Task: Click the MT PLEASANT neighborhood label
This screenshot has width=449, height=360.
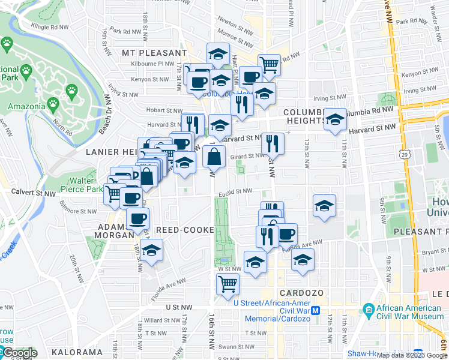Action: pos(154,53)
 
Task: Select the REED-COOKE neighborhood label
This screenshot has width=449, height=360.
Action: pos(185,230)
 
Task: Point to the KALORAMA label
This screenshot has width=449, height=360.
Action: pos(73,352)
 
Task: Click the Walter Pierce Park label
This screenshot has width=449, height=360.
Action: pos(82,185)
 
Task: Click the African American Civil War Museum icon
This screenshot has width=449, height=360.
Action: pos(369,310)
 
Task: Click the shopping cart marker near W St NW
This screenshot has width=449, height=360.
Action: pos(228,284)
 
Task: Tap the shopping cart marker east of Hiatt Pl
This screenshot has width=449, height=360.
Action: pos(270,64)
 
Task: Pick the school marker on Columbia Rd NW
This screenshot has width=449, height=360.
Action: pos(336,118)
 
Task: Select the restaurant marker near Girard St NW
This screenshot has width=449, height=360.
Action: pos(273,143)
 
